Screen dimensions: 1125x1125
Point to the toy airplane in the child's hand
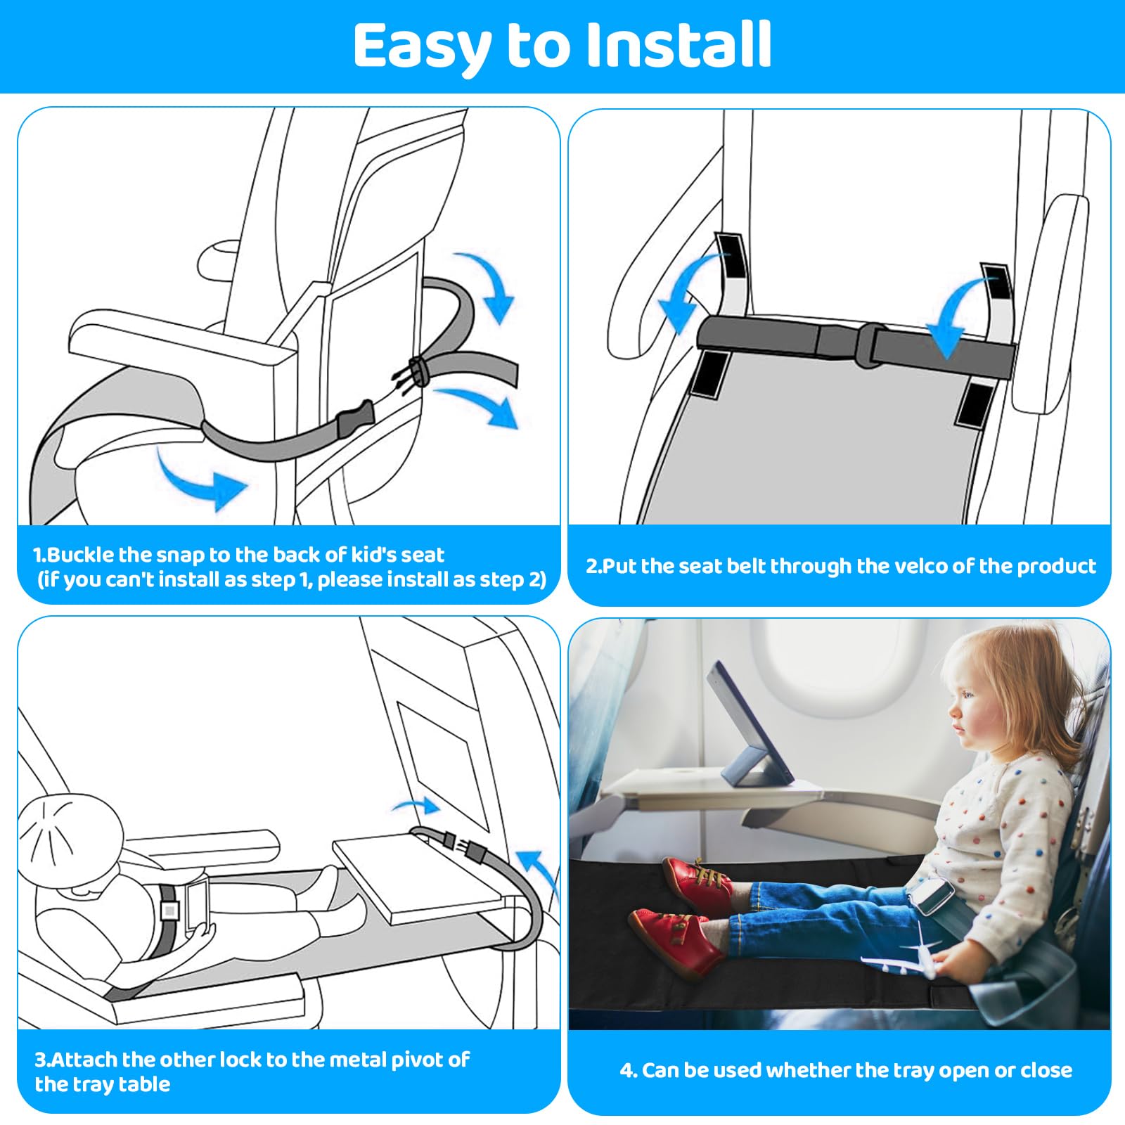coord(902,950)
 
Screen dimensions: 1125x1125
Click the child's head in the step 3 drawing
coord(69,835)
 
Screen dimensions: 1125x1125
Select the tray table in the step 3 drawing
coord(420,878)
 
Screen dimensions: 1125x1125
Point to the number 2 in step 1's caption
coord(537,579)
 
